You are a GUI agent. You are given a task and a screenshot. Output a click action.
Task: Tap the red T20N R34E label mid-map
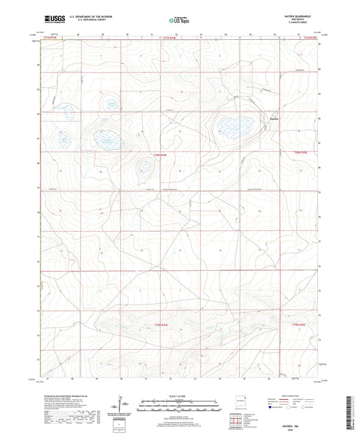(160, 155)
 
